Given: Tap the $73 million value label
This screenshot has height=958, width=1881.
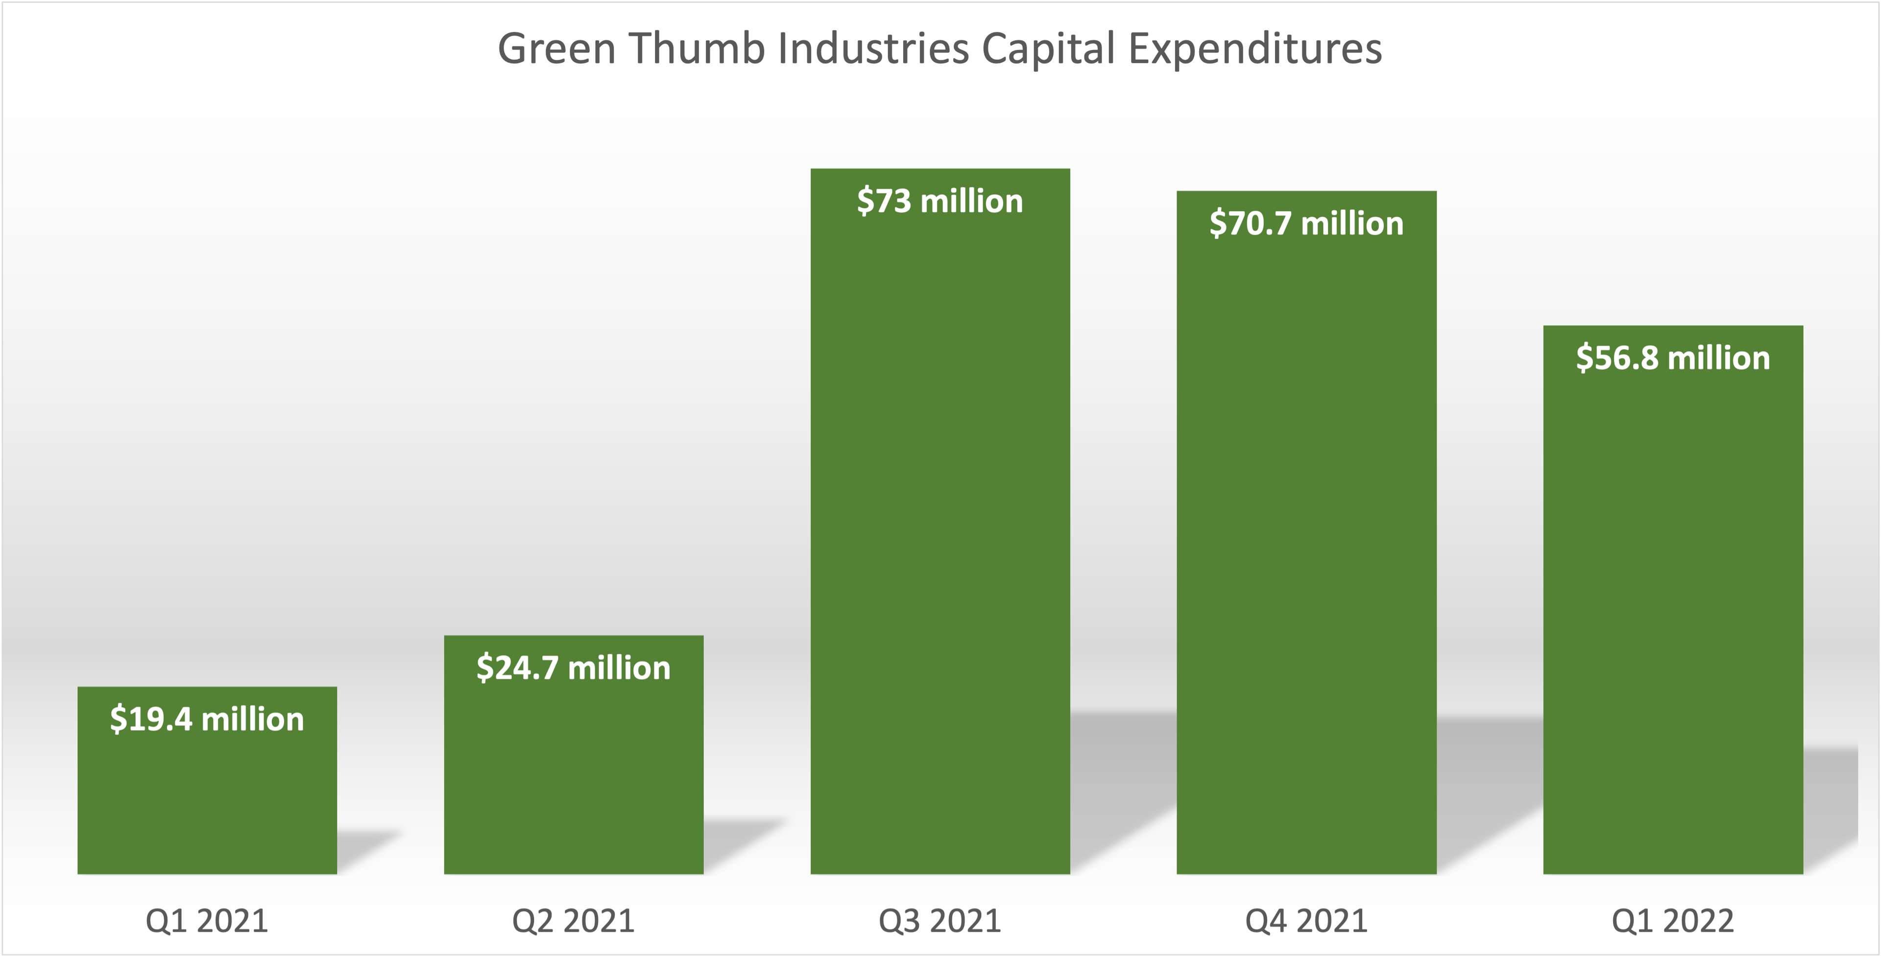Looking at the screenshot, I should pos(940,201).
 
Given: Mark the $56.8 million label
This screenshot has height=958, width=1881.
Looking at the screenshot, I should pos(1673,359).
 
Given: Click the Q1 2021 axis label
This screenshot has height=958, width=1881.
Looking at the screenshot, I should pos(207,921).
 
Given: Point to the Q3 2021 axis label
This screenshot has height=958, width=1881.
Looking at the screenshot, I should pos(940,921).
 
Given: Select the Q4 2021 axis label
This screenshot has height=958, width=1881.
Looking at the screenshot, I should pos(1306,921).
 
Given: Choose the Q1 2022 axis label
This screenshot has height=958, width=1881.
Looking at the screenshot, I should pos(1673,921).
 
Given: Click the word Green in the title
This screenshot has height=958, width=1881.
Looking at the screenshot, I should pos(556,49).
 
